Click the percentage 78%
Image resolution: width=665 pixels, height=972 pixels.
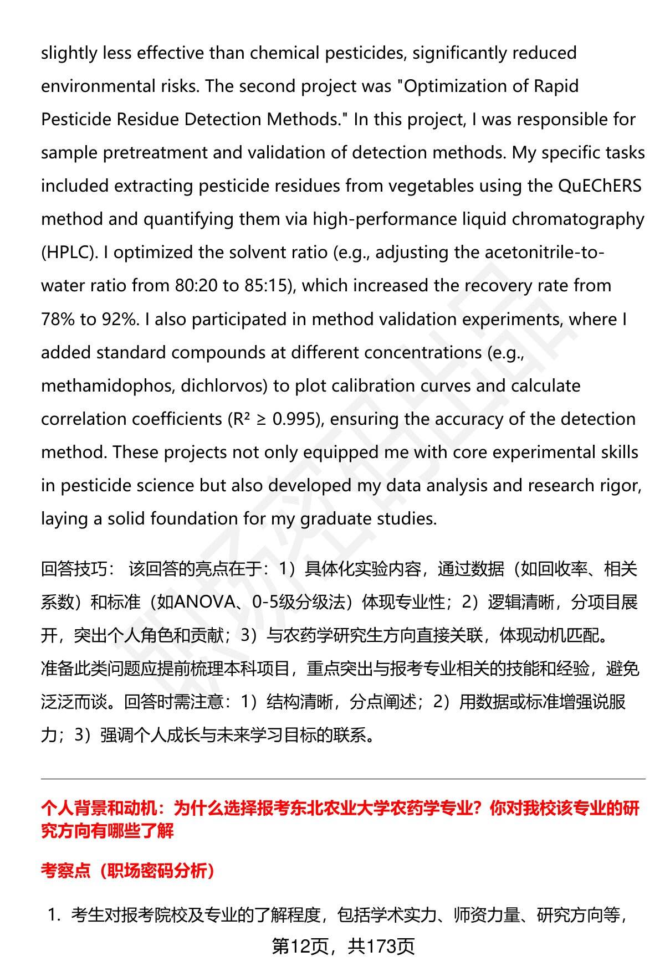coord(58,320)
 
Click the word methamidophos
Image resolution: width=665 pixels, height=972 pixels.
coord(108,386)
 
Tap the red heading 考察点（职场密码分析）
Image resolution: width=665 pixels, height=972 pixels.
coord(128,871)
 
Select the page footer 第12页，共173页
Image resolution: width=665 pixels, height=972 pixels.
coord(343,947)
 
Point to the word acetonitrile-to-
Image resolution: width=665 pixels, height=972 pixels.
coord(544,253)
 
